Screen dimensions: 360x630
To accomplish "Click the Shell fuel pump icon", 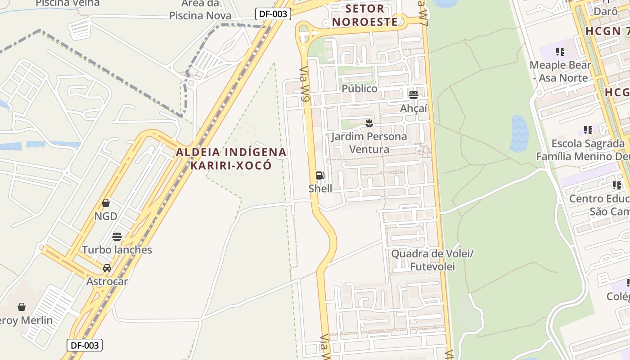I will coord(320,175).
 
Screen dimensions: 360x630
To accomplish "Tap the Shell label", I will coord(320,189).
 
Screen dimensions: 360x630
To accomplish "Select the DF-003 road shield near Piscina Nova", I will coord(273,14).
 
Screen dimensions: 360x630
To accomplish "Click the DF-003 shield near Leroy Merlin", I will coord(85,345).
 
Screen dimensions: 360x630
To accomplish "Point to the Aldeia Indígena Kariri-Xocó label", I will coord(231,158).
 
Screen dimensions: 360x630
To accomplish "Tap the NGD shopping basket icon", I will coord(106,203).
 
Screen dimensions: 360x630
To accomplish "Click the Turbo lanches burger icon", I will coord(117,237).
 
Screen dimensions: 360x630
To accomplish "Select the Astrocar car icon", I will coord(107,268).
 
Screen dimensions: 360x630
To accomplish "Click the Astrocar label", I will coord(107,281).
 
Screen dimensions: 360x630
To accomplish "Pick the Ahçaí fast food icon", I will coord(413,95).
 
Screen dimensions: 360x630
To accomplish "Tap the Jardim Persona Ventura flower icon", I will coord(369,123).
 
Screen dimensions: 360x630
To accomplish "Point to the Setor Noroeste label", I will coord(365,15).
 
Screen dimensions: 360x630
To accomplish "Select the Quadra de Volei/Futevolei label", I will coord(432,260).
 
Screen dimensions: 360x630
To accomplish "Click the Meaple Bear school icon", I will coord(560,52).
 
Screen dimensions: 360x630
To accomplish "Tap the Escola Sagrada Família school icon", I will coord(588,130).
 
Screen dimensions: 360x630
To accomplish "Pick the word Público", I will coord(360,89).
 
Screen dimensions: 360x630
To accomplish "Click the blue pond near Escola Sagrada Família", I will coord(518,133).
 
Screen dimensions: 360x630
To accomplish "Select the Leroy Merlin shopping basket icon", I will coord(22,307).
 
